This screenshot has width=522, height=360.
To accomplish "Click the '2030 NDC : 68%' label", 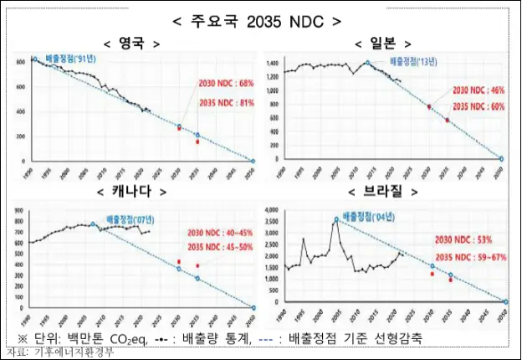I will pos(226,85).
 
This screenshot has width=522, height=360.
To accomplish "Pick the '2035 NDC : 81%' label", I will pos(226,102).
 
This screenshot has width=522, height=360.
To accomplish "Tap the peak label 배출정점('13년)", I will pos(412,60).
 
